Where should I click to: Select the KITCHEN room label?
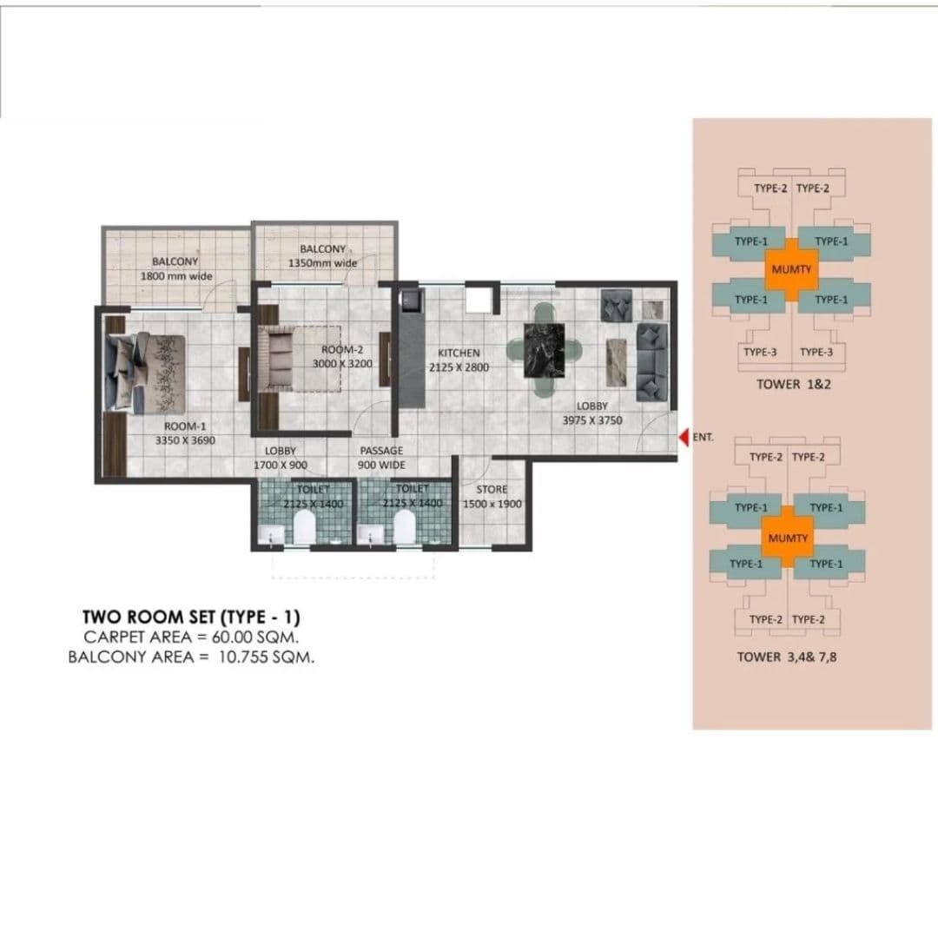click(459, 353)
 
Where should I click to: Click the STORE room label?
click(492, 490)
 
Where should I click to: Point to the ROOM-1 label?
click(185, 426)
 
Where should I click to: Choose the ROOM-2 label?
click(342, 350)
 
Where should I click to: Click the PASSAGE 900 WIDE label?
click(381, 458)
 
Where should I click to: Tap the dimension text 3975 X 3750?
click(591, 420)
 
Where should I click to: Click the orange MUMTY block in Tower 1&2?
click(791, 269)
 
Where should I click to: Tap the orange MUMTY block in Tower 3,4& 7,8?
click(788, 538)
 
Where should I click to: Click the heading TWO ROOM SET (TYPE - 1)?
click(190, 618)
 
